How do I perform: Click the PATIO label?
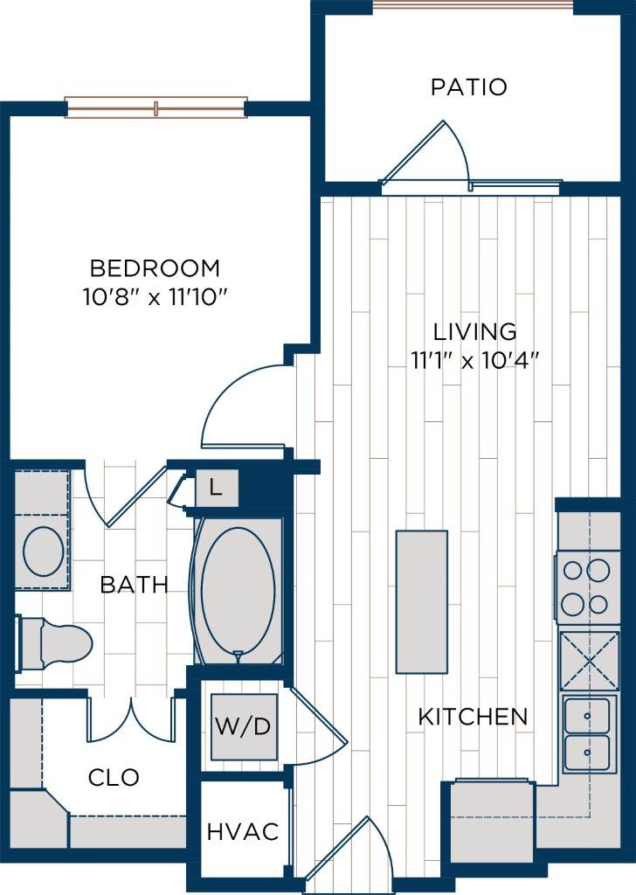pyautogui.click(x=468, y=87)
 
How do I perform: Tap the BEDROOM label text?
pyautogui.click(x=156, y=267)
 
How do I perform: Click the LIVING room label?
pyautogui.click(x=474, y=331)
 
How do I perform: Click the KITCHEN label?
pyautogui.click(x=473, y=718)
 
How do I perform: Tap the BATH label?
pyautogui.click(x=134, y=585)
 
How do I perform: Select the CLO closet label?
pyautogui.click(x=114, y=777)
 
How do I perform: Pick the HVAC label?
pyautogui.click(x=243, y=832)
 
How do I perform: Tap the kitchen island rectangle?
pyautogui.click(x=422, y=601)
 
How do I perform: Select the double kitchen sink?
pyautogui.click(x=586, y=734)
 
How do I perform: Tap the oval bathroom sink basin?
pyautogui.click(x=42, y=551)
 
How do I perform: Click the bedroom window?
pyautogui.click(x=156, y=108)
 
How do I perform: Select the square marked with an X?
pyautogui.click(x=588, y=661)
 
